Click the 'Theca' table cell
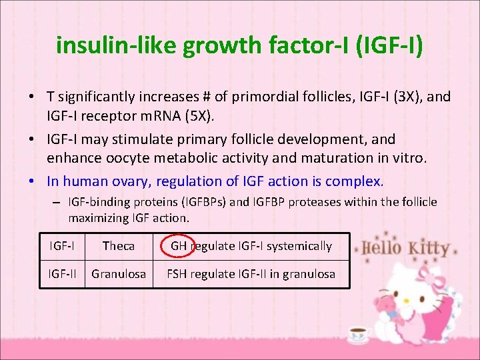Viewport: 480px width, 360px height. [x=119, y=246]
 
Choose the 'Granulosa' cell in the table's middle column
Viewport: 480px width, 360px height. [x=119, y=273]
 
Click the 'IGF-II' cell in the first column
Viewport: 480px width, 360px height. [x=63, y=273]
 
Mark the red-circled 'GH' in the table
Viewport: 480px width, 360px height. [x=179, y=246]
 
